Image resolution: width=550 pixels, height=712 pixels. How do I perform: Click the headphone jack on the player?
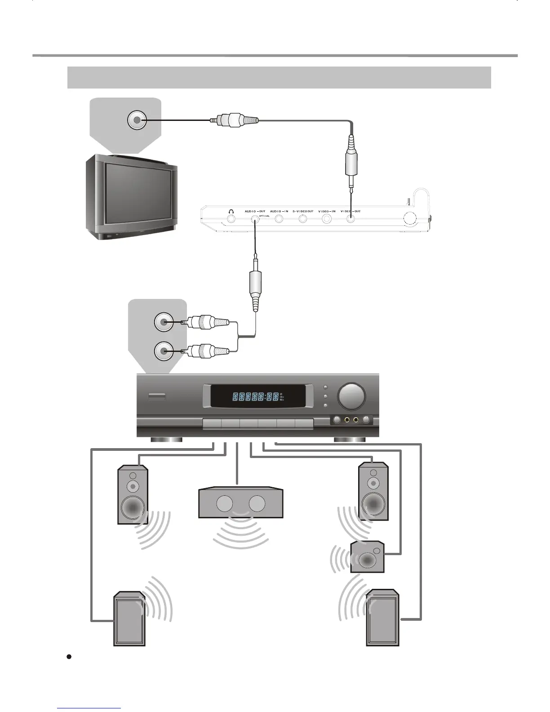(231, 219)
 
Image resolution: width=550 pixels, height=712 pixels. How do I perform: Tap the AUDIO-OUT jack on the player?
(255, 219)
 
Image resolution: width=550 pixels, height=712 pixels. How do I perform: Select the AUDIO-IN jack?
(279, 219)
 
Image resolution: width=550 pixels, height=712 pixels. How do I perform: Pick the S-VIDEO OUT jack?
(303, 219)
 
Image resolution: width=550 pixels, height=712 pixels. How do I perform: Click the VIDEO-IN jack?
(327, 219)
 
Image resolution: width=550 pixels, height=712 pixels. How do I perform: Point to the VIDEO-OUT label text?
(350, 211)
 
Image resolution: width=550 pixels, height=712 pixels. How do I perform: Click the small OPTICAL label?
(264, 215)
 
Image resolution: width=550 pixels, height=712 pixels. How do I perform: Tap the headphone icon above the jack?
(231, 211)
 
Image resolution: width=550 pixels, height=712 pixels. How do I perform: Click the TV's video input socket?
(137, 120)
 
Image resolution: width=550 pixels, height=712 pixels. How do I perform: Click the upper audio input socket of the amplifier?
(163, 322)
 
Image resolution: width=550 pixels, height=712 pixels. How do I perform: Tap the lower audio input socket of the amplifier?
(163, 351)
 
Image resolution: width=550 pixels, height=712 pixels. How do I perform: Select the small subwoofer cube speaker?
(367, 557)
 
